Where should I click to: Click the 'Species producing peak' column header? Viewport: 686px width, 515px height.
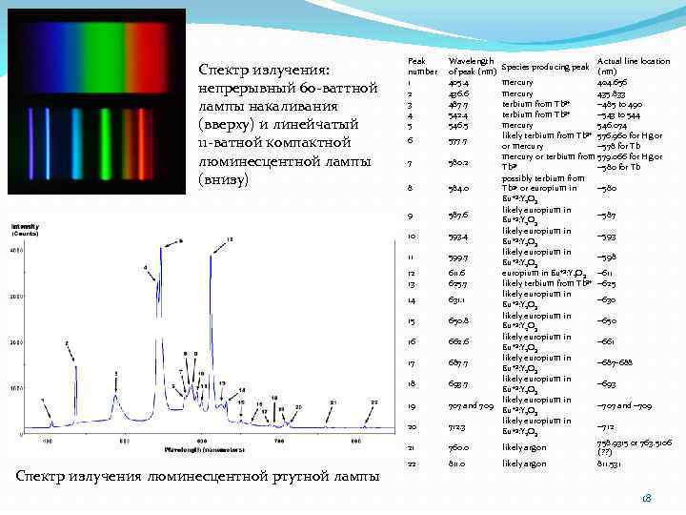(545, 67)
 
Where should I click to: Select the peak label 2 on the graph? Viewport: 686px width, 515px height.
(67, 341)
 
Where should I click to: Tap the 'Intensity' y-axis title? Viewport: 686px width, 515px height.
(25, 226)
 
